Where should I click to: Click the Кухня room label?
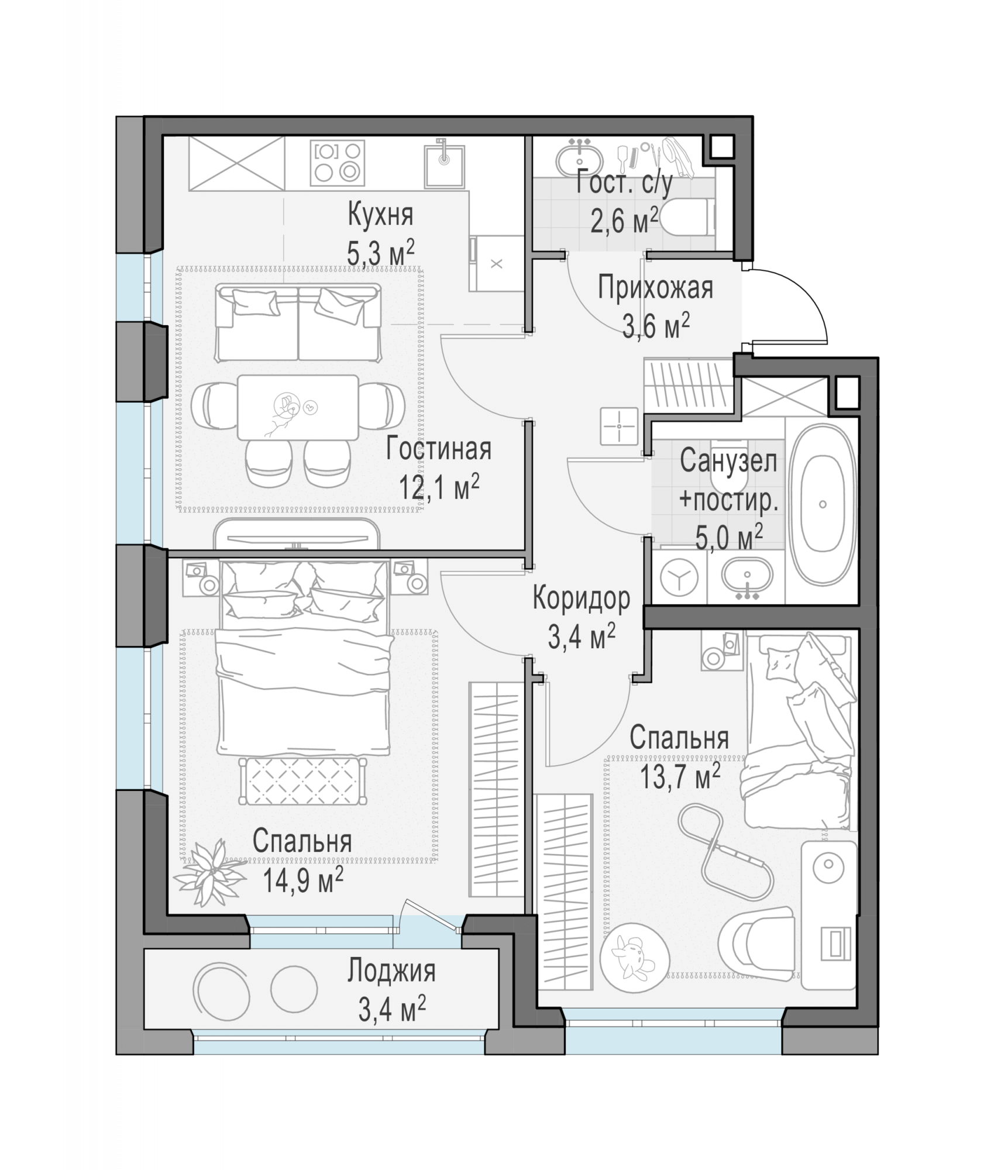[x=380, y=215]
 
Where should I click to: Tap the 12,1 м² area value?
[x=439, y=486]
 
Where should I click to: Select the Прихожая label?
[x=655, y=289]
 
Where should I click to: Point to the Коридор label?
[x=581, y=598]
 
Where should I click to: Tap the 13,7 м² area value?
[x=680, y=776]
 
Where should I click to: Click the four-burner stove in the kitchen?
[x=337, y=161]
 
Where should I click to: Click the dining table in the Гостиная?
[x=298, y=407]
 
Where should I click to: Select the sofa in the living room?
[x=298, y=322]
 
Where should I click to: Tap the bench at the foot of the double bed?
[x=302, y=781]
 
